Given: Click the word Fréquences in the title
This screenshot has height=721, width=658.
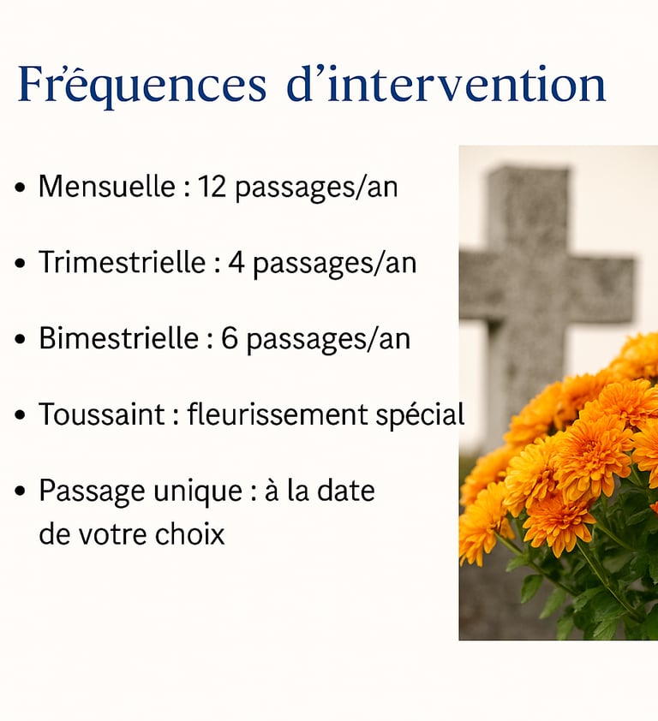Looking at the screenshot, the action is [141, 86].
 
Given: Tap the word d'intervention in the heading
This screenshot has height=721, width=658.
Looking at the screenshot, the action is [446, 84].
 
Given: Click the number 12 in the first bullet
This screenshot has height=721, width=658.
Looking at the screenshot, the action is [212, 187].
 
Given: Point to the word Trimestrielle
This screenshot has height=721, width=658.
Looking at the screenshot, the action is [122, 262].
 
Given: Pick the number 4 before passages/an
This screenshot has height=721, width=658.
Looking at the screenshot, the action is [236, 263].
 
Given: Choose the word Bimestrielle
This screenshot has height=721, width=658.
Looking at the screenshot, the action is [119, 338].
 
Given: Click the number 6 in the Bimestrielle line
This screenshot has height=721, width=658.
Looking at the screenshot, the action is [230, 338].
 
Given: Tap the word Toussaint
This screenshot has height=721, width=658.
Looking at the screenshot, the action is [102, 414].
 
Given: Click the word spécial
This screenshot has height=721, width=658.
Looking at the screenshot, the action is [420, 414].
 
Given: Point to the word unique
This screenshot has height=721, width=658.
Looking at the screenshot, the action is [198, 492].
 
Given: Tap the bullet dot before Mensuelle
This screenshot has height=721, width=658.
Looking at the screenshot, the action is [20, 188].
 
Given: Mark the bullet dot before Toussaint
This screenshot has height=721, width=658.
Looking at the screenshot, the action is [20, 414].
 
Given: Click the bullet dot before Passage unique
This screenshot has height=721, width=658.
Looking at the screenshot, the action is [20, 492].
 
